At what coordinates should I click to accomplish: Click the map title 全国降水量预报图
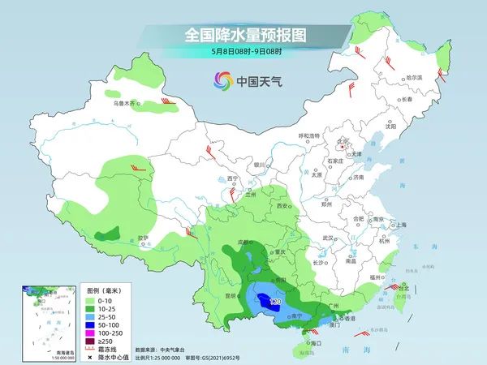(243, 35)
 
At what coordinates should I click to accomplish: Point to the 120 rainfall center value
(274, 301)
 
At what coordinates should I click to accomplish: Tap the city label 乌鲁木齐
(127, 104)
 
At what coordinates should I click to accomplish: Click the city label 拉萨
(144, 238)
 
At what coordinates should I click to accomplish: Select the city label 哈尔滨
(415, 77)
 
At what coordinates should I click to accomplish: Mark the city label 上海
(399, 225)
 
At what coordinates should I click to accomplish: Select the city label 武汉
(328, 238)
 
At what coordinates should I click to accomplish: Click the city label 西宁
(233, 178)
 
